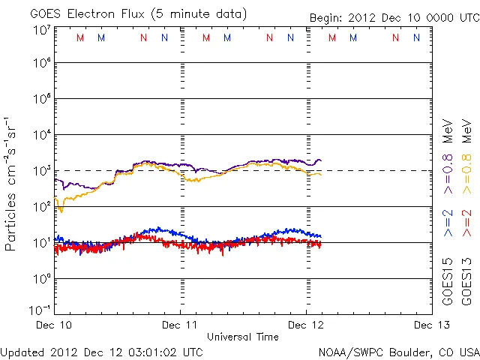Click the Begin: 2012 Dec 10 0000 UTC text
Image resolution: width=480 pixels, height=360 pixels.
tap(394, 17)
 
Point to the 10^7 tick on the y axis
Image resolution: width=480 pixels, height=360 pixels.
tap(41, 30)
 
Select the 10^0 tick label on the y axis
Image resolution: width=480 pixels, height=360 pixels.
tap(41, 278)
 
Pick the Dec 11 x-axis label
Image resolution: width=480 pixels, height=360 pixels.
tap(181, 325)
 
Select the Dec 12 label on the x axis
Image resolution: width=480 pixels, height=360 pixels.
tap(306, 325)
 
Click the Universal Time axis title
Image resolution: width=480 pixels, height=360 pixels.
tap(243, 337)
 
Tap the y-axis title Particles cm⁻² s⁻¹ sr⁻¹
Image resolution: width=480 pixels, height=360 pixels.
tap(12, 183)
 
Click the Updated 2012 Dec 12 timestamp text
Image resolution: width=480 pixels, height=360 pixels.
tap(101, 351)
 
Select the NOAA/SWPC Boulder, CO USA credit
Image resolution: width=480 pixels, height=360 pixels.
tap(398, 351)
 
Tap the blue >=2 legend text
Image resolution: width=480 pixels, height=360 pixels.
tap(448, 223)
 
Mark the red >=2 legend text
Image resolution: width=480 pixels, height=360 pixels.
tap(466, 223)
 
